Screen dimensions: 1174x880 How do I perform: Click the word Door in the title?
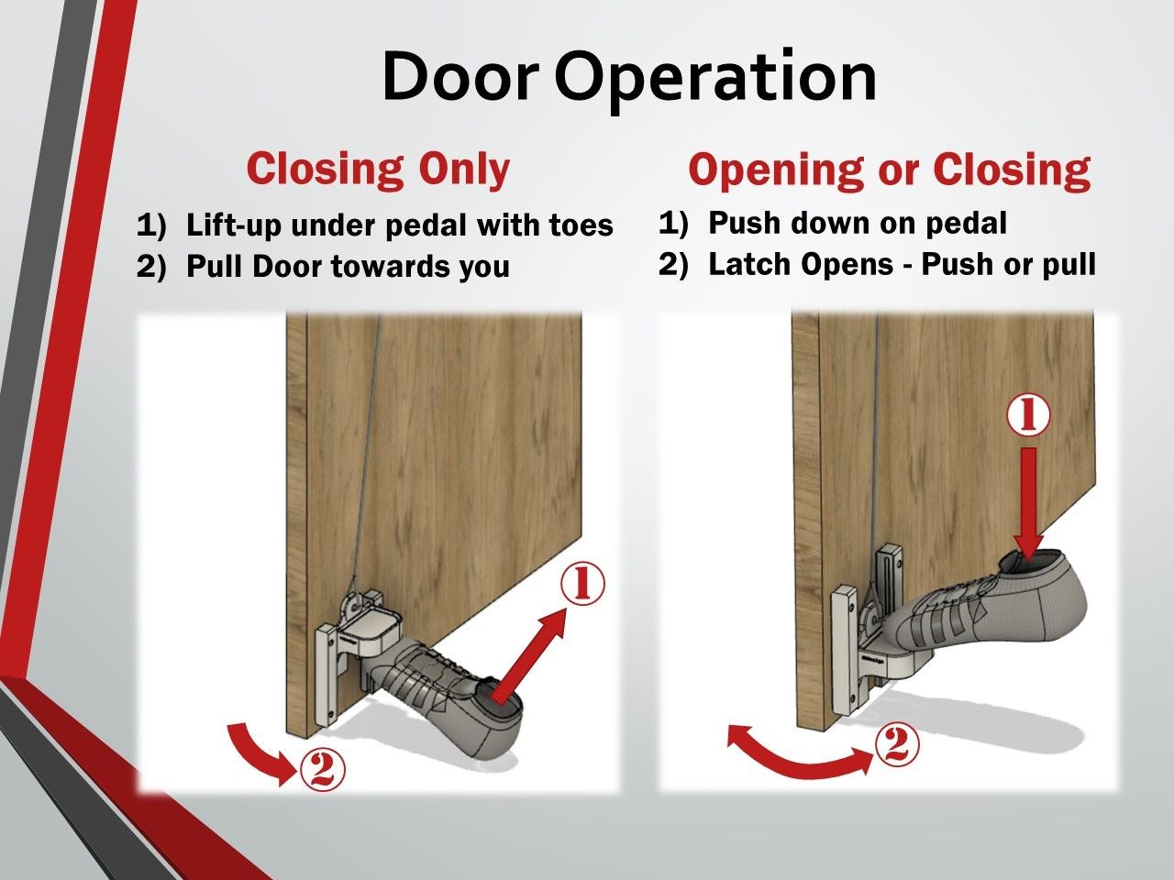click(x=460, y=75)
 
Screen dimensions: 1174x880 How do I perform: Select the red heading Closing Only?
click(x=378, y=170)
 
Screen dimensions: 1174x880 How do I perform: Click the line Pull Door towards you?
click(x=348, y=267)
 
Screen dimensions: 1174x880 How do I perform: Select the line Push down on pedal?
click(x=858, y=223)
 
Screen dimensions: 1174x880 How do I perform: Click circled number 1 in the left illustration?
click(x=582, y=584)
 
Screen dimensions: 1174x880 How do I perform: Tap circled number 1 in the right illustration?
click(x=1028, y=417)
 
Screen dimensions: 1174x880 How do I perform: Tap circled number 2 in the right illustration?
click(x=897, y=744)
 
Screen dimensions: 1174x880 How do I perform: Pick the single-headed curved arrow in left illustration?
click(x=261, y=752)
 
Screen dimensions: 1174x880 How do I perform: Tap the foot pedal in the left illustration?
click(x=373, y=632)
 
